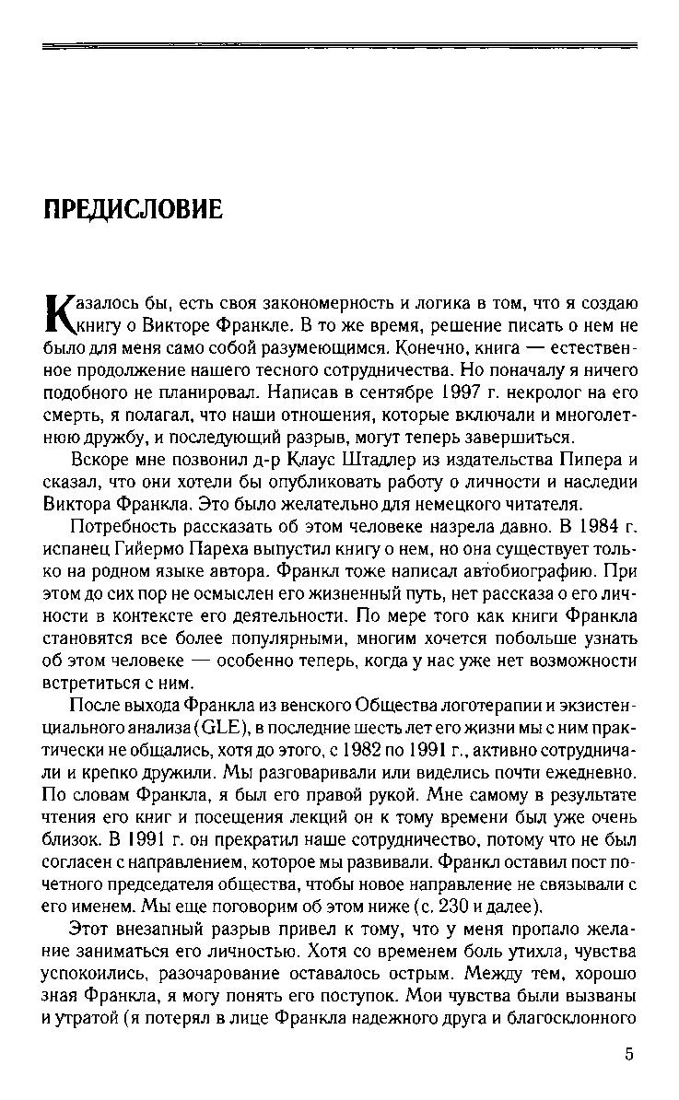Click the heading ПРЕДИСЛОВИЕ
(x=134, y=211)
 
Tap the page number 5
(x=628, y=1054)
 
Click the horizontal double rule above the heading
(x=340, y=44)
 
